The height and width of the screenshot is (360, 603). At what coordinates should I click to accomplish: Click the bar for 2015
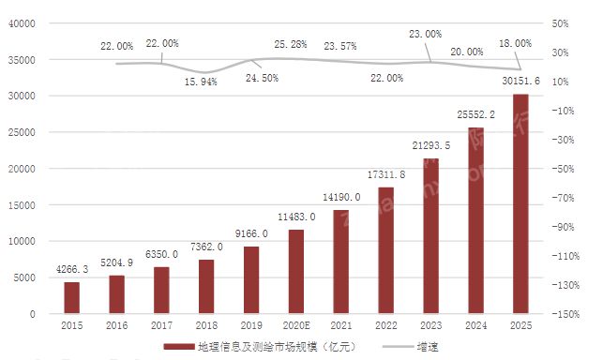pos(71,297)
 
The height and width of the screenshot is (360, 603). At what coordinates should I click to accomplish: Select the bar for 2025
pos(520,203)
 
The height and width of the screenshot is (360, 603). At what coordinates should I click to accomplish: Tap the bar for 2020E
pos(295,271)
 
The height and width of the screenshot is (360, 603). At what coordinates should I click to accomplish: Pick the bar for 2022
pos(385,250)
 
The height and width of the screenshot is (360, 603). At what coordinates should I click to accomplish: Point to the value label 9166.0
pos(251,232)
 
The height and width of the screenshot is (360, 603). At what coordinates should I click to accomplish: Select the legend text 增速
pos(426,348)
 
